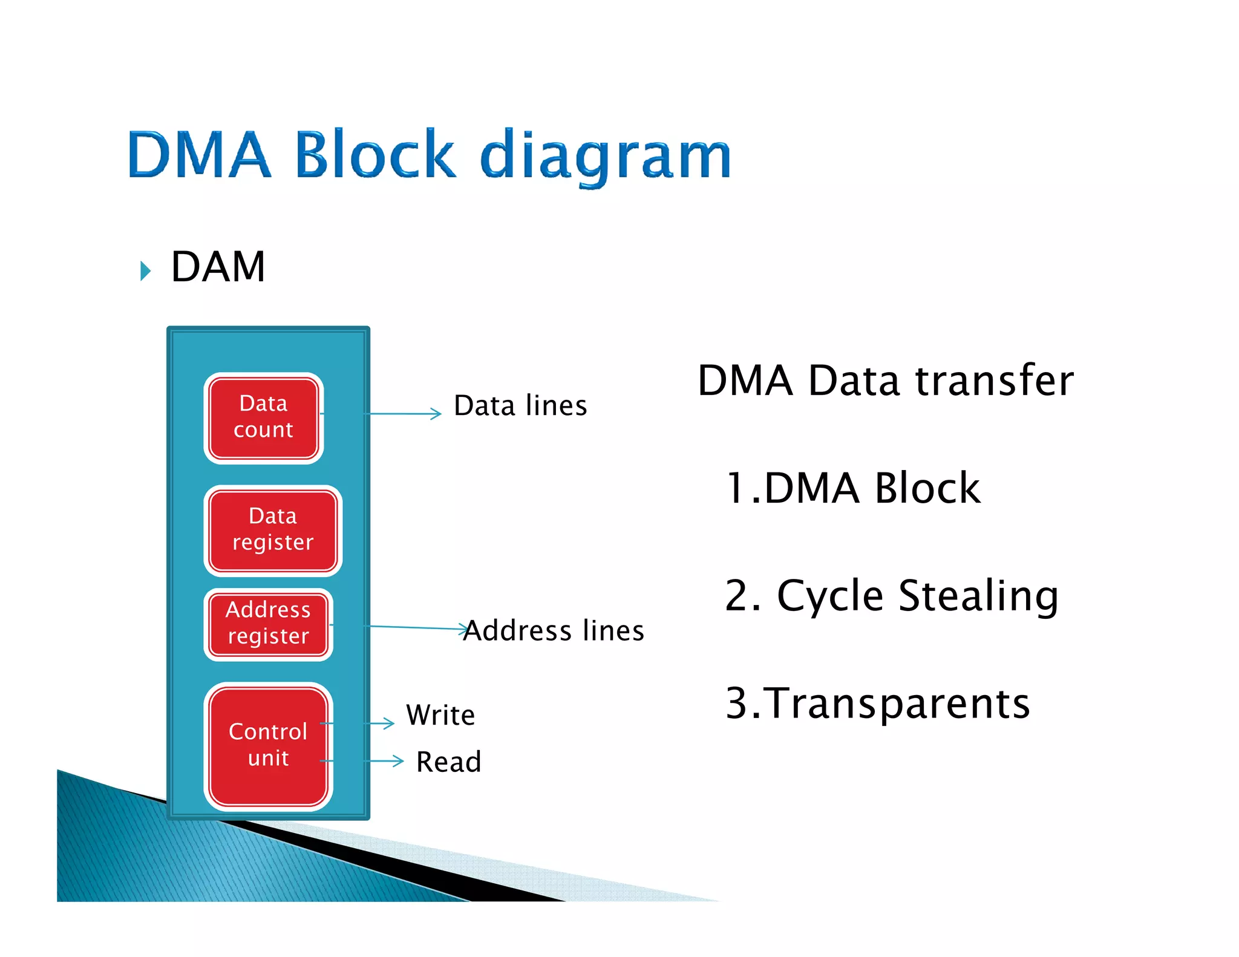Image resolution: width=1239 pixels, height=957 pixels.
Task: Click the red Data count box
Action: (263, 418)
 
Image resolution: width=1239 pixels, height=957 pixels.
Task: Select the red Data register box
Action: (272, 531)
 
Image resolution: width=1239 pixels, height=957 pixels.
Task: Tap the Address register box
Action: (268, 624)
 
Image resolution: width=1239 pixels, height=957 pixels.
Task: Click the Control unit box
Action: (268, 746)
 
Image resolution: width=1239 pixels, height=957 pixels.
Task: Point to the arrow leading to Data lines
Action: (404, 414)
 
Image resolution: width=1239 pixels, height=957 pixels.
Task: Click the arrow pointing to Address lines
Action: (417, 627)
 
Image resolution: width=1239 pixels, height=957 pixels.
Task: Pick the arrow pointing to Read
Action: (385, 761)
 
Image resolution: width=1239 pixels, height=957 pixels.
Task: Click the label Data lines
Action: (520, 406)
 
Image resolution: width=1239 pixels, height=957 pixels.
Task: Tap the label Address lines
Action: (554, 631)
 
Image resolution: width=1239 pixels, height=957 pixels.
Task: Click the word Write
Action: (440, 716)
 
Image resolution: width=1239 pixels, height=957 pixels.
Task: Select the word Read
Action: (448, 762)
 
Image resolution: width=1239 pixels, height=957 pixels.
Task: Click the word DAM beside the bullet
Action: (218, 267)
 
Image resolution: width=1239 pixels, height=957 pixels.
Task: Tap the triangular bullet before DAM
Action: (145, 270)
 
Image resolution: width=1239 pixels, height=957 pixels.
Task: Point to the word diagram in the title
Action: (606, 157)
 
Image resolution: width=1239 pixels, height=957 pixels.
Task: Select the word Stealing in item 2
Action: (978, 596)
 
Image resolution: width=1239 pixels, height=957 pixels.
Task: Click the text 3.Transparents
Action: (877, 704)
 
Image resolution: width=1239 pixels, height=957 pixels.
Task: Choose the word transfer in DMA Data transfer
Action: (994, 381)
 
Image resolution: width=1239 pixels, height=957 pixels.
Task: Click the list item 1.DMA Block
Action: (852, 488)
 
